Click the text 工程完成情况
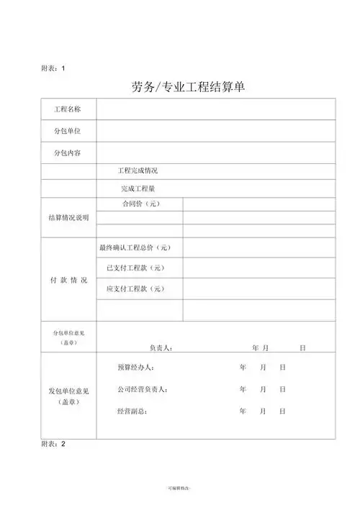pyautogui.click(x=138, y=171)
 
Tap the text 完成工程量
pyautogui.click(x=138, y=188)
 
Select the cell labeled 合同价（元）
pyautogui.click(x=140, y=204)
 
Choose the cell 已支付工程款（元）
pyautogui.click(x=136, y=268)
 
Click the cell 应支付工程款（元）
pyautogui.click(x=136, y=289)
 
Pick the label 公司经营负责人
pyautogui.click(x=142, y=389)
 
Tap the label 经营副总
pyautogui.click(x=132, y=411)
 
